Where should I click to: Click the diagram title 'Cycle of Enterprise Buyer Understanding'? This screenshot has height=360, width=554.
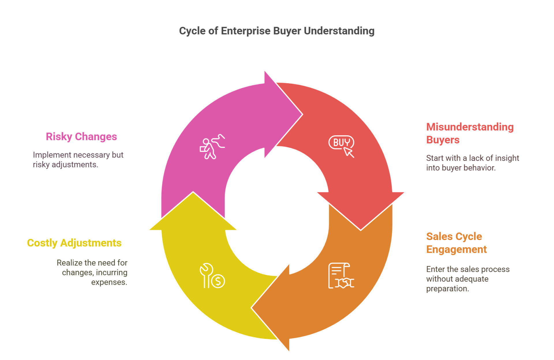pos(277,31)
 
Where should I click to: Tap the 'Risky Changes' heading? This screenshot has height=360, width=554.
pos(81,136)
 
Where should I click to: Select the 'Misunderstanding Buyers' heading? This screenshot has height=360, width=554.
pos(470,133)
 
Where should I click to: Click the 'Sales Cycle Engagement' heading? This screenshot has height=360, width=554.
pos(456,243)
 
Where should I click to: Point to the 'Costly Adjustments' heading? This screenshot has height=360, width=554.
pos(74,243)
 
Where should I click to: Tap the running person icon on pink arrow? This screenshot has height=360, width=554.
pos(212,147)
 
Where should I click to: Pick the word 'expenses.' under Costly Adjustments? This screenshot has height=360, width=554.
pos(109,282)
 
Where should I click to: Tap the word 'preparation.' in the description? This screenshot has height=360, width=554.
pos(448,288)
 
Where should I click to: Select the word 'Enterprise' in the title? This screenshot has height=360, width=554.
pos(246,31)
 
